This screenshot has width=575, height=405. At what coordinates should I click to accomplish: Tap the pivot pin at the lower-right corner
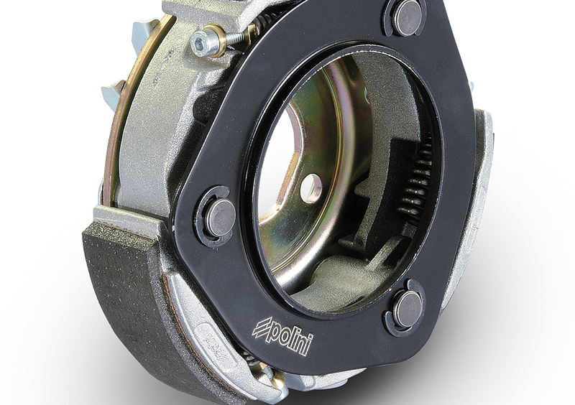[408, 309]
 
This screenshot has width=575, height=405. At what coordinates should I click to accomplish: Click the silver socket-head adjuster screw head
[202, 45]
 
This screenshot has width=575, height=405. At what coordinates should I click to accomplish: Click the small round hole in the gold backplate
[311, 187]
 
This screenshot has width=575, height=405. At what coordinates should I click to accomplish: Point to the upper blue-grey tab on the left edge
[144, 32]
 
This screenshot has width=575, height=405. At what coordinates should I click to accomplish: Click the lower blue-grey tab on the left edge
[114, 92]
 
